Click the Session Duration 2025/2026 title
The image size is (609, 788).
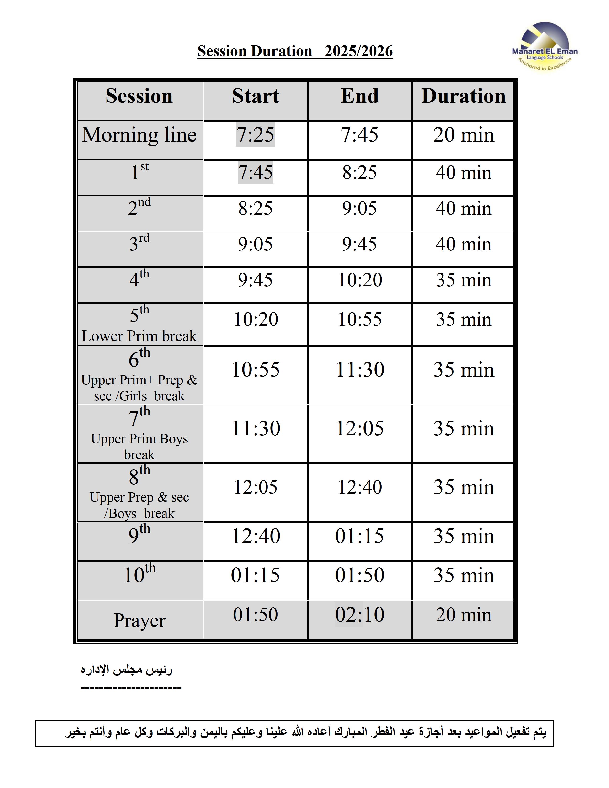[x=295, y=51]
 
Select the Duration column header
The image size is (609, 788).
[x=463, y=96]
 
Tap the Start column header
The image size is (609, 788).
[x=256, y=96]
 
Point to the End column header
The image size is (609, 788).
[x=359, y=96]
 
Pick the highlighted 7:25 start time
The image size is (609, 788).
[x=256, y=135]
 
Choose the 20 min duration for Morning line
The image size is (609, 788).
[x=463, y=135]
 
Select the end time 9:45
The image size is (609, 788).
[x=359, y=244]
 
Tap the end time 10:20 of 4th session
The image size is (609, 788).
[x=360, y=280]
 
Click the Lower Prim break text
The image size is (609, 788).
[x=139, y=336]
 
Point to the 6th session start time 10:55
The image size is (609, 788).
[x=256, y=370]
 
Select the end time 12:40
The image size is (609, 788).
[x=360, y=487]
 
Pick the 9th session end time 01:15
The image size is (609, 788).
[x=359, y=536]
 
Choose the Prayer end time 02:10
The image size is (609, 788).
[x=360, y=614]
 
